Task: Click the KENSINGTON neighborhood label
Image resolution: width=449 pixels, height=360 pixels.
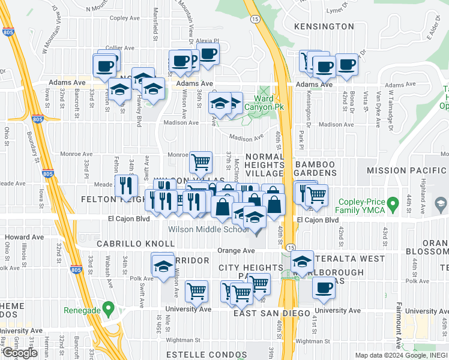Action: pos(325,26)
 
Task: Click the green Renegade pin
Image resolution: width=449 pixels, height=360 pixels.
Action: pos(108,310)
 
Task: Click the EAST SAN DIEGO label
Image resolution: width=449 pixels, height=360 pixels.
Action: pos(273,314)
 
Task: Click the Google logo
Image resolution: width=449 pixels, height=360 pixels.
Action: pos(20,353)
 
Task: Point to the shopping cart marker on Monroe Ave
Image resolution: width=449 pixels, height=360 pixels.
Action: pos(200,161)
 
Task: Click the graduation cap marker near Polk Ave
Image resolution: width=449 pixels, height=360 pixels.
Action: pos(163,266)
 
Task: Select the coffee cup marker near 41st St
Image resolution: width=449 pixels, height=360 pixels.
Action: pos(324,287)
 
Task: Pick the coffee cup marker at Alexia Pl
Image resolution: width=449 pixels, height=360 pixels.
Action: pos(208,53)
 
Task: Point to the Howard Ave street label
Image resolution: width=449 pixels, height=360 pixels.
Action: pos(17,237)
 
